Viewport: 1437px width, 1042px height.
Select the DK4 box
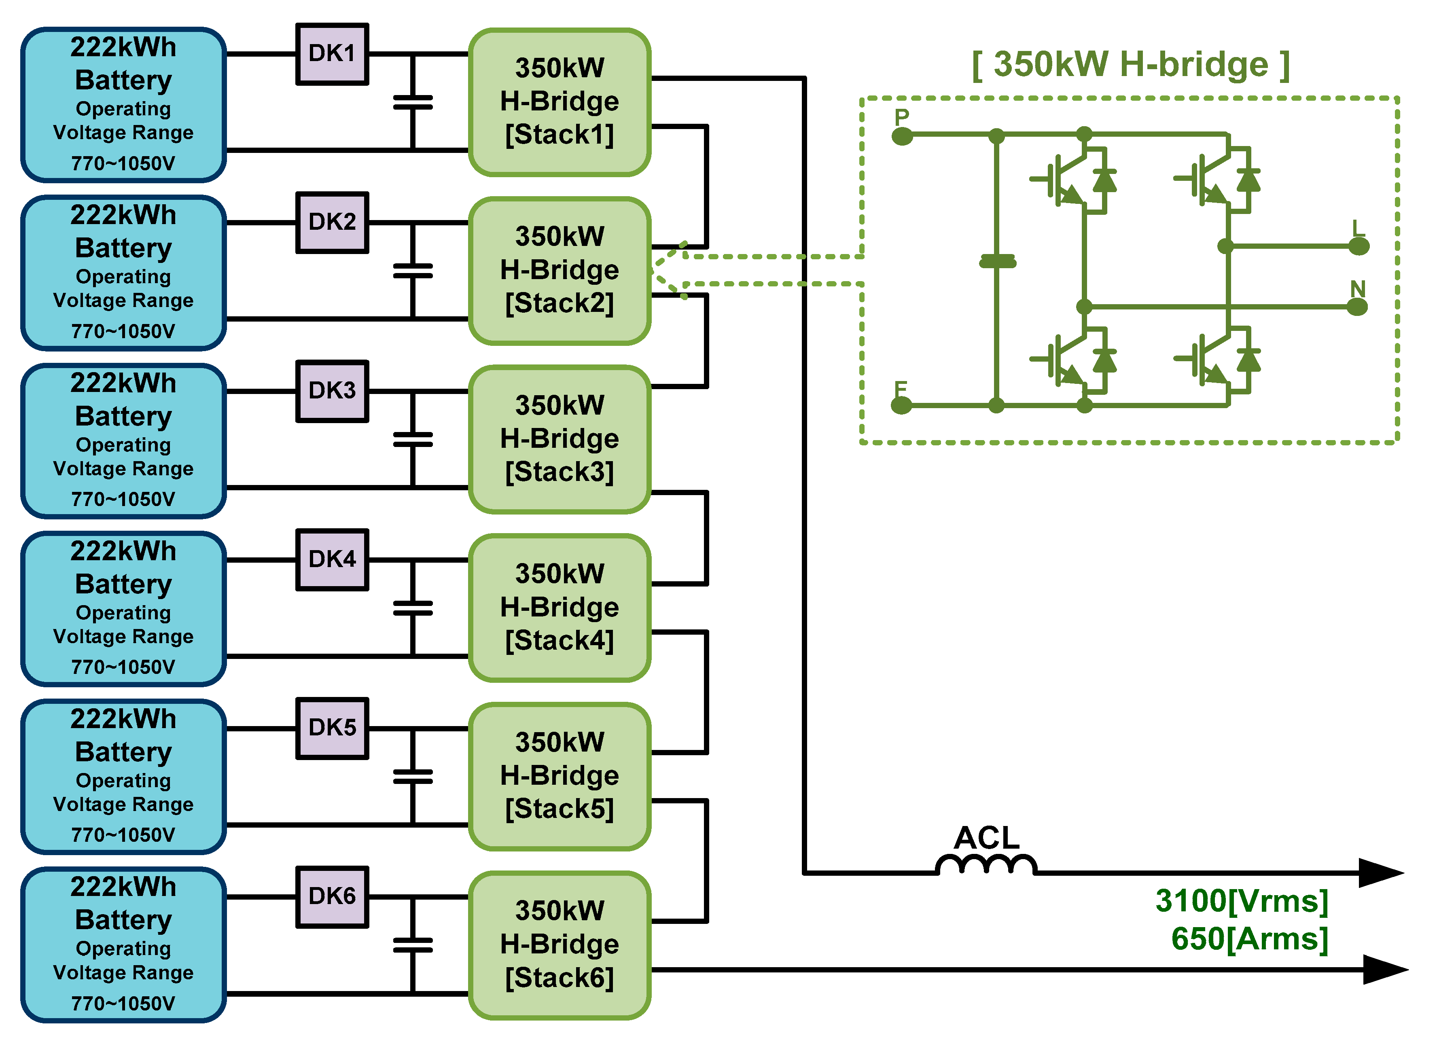[332, 560]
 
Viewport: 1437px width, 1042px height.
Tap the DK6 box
[332, 897]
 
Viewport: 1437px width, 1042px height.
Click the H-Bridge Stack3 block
[560, 439]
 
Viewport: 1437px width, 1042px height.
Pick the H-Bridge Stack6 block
[560, 945]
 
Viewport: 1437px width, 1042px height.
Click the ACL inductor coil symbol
[986, 865]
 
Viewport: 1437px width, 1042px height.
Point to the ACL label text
[986, 837]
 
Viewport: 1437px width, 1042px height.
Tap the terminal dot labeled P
[902, 136]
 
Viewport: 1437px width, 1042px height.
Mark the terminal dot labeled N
[1356, 307]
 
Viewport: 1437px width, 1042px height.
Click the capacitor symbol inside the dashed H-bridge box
[997, 261]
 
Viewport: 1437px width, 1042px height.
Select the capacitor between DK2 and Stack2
[413, 271]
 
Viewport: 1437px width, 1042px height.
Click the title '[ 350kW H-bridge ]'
[1131, 65]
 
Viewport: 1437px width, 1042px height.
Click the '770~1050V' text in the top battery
[123, 163]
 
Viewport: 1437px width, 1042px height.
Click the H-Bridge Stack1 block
[560, 102]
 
